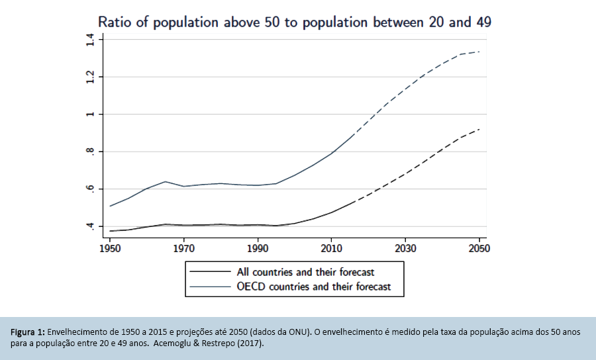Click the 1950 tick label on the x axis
pyautogui.click(x=110, y=249)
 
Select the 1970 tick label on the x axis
pyautogui.click(x=183, y=249)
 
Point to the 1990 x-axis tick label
pyautogui.click(x=257, y=249)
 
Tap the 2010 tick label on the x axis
pyautogui.click(x=331, y=249)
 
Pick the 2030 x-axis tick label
pyautogui.click(x=405, y=249)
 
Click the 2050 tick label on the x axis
pyautogui.click(x=479, y=249)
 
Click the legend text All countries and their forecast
pyautogui.click(x=305, y=271)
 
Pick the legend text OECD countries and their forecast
pyautogui.click(x=314, y=287)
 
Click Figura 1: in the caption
pyautogui.click(x=27, y=332)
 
